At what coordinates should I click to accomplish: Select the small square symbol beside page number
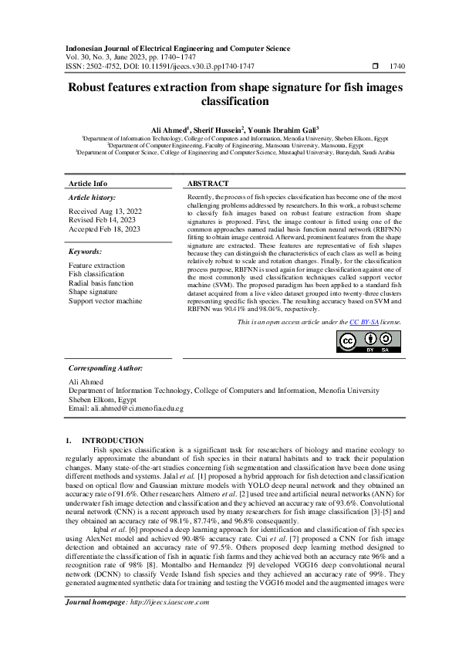[376, 67]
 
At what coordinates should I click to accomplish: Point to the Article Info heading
[88, 184]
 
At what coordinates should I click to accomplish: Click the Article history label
[90, 198]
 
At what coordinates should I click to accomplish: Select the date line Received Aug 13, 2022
[105, 211]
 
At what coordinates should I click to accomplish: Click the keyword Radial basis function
[101, 283]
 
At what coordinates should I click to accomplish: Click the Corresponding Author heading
[103, 368]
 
